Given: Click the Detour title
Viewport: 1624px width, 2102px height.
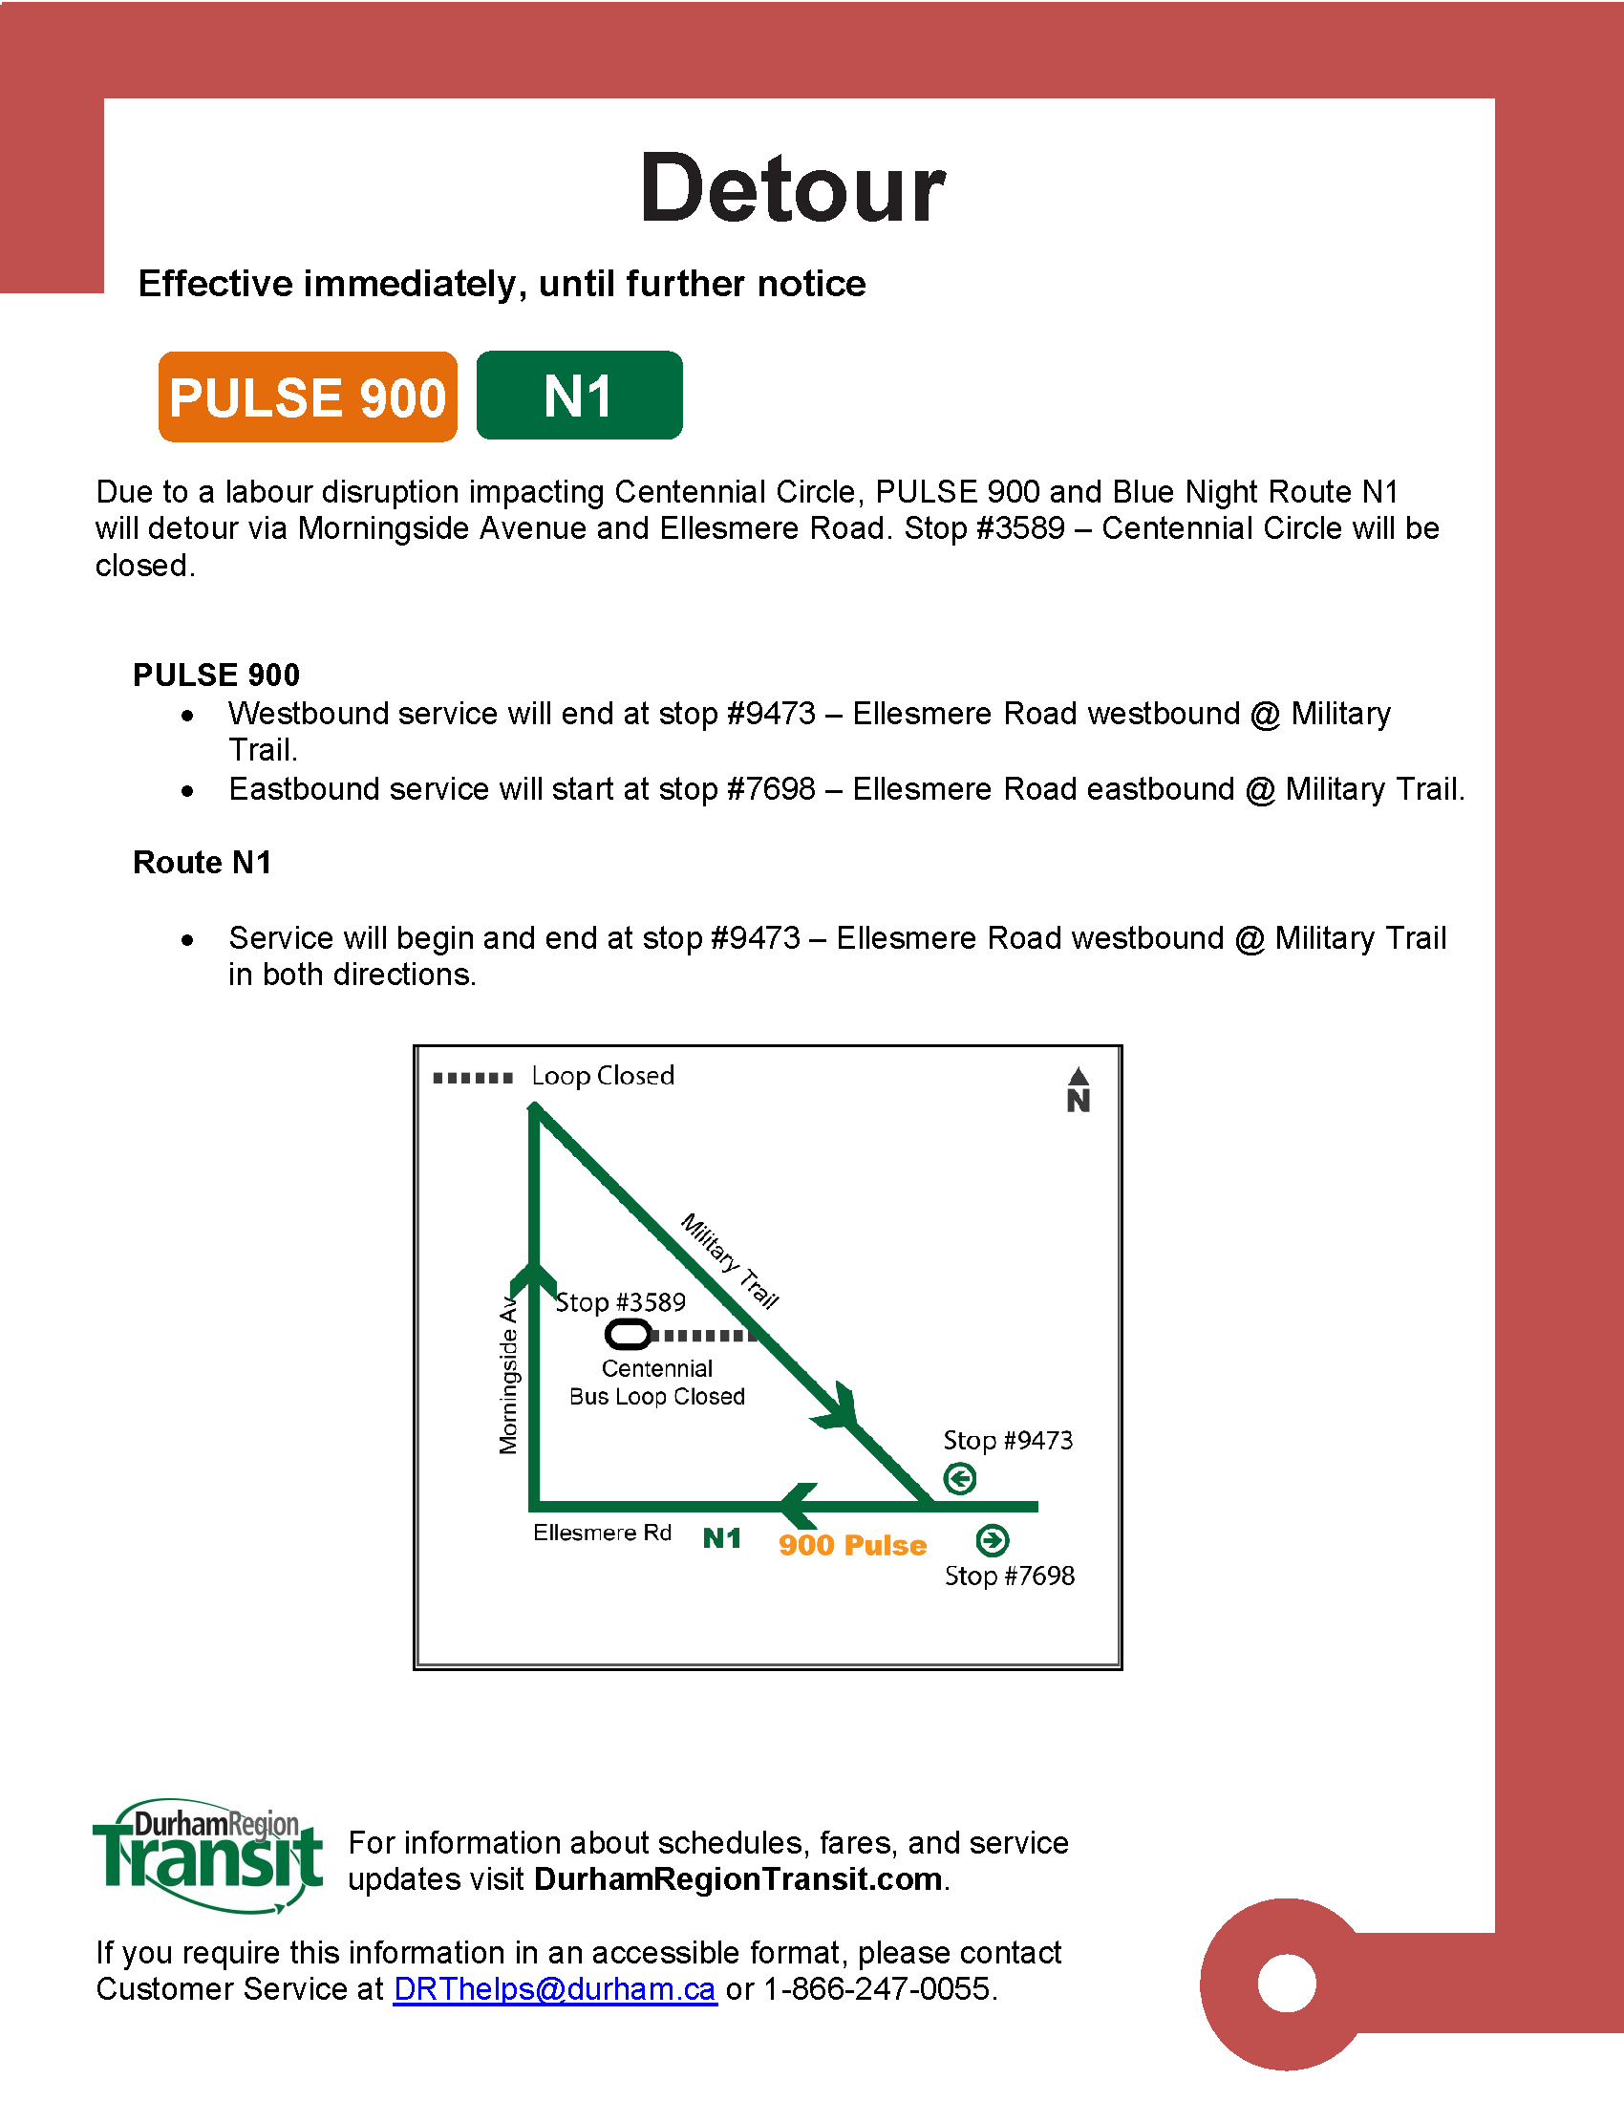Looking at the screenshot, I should [x=792, y=188].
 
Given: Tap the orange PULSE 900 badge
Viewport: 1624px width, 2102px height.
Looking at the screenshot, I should [x=308, y=397].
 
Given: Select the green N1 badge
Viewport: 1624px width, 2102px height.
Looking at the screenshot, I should [x=579, y=396].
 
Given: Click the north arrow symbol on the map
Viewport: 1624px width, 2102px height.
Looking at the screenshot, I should [x=1079, y=1089].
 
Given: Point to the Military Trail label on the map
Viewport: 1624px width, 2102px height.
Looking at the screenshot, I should [x=729, y=1261].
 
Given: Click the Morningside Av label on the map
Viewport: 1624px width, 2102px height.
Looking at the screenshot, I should [x=508, y=1376].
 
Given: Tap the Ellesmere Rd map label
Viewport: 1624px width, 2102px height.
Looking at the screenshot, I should [x=602, y=1533].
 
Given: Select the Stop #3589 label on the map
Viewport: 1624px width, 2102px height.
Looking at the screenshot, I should [x=621, y=1302].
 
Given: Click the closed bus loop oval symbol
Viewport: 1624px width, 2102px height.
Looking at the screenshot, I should [x=629, y=1335].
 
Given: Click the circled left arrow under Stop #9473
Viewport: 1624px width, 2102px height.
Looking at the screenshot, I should [x=959, y=1478].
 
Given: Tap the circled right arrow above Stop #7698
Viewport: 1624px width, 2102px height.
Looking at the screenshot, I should [x=992, y=1541].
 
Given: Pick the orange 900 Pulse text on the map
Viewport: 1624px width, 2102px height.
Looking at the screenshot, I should [x=852, y=1545].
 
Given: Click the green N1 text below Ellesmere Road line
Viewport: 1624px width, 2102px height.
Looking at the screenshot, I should [x=721, y=1538].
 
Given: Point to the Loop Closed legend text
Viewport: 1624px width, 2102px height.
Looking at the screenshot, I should [x=602, y=1076].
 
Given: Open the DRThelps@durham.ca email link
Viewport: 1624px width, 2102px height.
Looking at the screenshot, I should [x=555, y=1988].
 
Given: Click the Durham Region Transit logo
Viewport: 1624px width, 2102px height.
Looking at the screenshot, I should [x=209, y=1855].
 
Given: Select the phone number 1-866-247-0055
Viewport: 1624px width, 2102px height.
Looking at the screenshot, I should [x=876, y=1988].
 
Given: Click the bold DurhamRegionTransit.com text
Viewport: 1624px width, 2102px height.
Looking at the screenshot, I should [x=737, y=1878].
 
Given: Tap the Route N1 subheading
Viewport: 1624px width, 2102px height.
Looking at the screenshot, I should [x=202, y=863].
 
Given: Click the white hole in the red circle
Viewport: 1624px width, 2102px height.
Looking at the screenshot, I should [x=1287, y=1984].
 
